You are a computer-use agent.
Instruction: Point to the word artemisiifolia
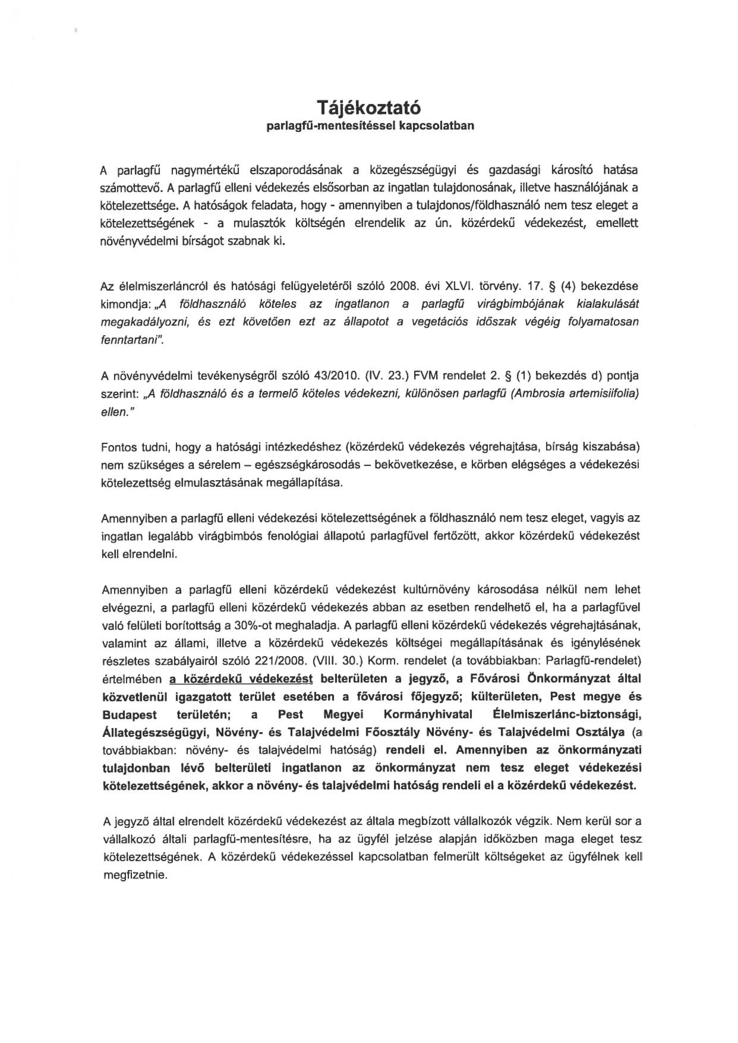602,393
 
